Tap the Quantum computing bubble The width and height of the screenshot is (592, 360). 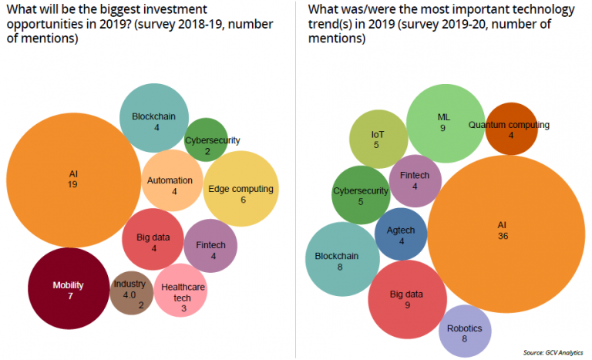[x=510, y=129]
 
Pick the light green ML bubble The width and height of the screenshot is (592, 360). [x=442, y=122]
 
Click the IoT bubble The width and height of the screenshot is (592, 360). [x=378, y=140]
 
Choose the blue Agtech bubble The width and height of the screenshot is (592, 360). [x=401, y=236]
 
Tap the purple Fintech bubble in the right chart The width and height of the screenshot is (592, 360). [x=415, y=181]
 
